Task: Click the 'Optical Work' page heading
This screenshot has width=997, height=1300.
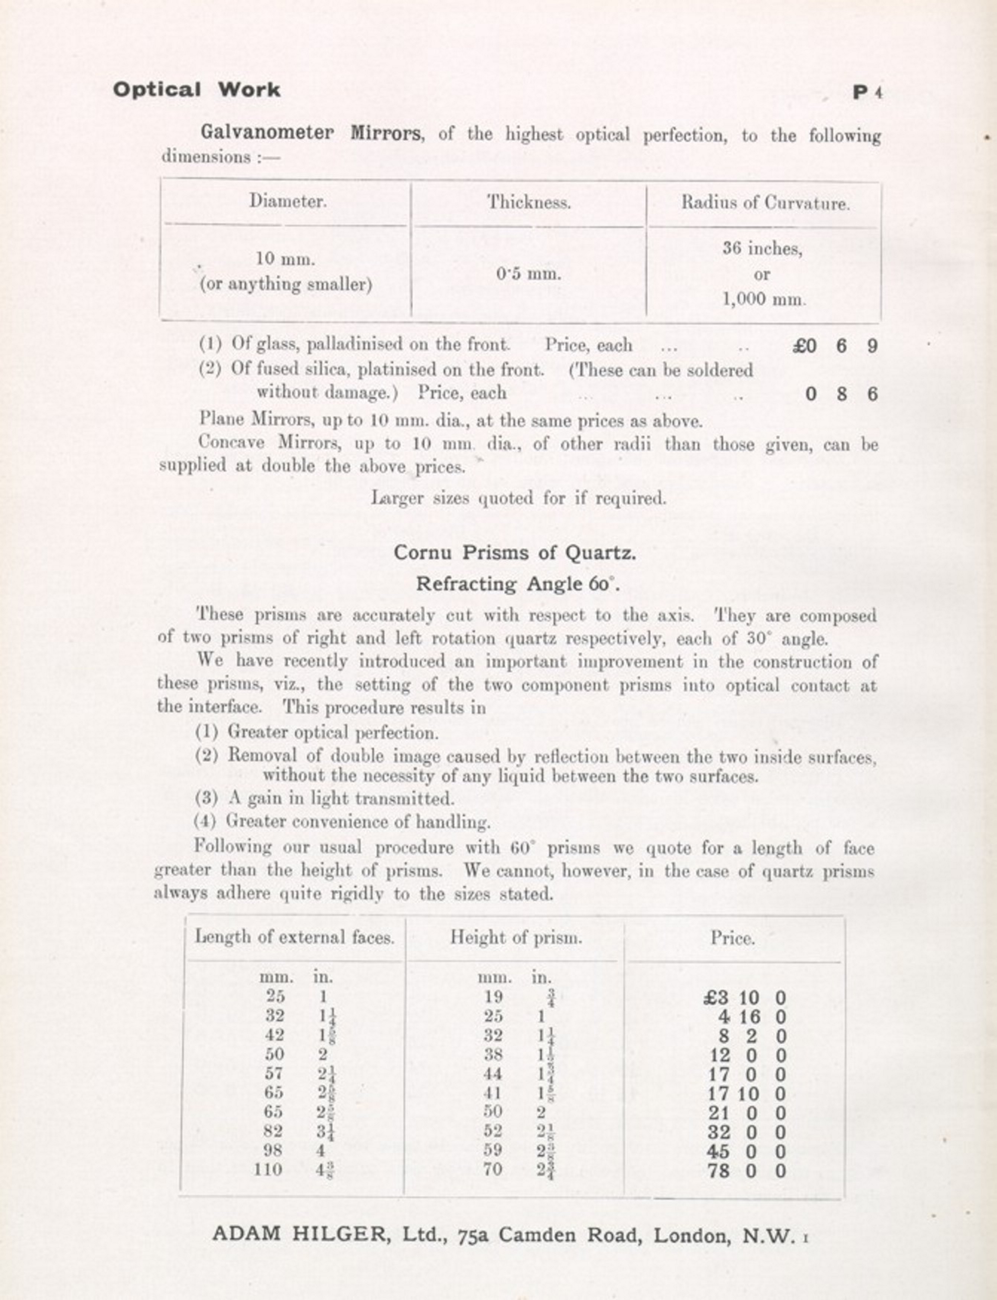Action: (196, 90)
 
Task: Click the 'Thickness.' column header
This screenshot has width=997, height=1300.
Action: (529, 203)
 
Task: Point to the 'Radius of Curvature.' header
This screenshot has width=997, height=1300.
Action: (765, 204)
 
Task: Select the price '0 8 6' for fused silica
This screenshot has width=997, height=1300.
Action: (841, 394)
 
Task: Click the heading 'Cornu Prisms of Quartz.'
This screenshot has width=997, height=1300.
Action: (514, 553)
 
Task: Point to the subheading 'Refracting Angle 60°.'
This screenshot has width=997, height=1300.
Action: (517, 584)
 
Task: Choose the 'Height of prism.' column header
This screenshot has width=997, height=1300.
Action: (516, 937)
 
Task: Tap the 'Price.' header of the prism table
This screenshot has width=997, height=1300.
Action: (733, 939)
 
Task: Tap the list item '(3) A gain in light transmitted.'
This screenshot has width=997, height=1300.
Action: (325, 799)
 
